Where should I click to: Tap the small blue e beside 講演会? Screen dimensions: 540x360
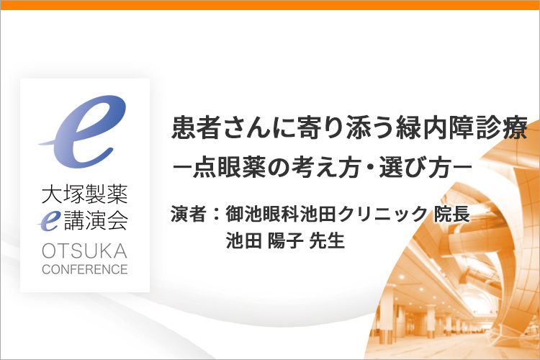tap(49, 221)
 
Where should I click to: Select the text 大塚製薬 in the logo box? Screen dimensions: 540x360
tap(85, 194)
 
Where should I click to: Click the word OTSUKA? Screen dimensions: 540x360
tap(85, 251)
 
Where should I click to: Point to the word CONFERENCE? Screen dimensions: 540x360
tap(85, 269)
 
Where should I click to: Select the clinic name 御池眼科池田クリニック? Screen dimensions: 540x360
tap(326, 214)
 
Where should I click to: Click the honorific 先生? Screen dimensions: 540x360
tap(327, 240)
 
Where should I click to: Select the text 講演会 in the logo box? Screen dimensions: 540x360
tap(96, 221)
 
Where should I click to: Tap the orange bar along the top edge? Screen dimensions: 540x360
tap(270, 5)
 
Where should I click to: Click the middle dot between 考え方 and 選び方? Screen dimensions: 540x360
tap(372, 168)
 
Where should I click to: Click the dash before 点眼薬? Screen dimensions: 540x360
tap(182, 168)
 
